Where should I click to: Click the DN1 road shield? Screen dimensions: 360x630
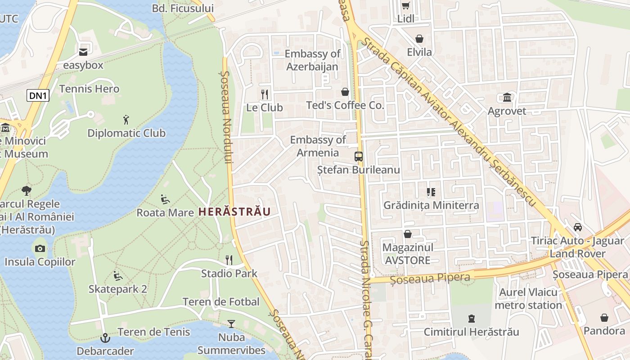click(38, 95)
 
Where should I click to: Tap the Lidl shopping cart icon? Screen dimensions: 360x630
click(405, 6)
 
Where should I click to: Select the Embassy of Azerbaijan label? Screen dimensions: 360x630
click(312, 60)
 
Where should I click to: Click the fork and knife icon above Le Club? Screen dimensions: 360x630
click(265, 94)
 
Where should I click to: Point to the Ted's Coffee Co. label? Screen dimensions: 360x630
click(345, 105)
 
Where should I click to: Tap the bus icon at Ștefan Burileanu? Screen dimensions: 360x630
click(358, 157)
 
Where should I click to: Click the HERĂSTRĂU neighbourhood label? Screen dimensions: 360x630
click(234, 211)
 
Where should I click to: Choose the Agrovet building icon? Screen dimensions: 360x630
click(507, 98)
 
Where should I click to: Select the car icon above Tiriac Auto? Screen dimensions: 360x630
click(578, 227)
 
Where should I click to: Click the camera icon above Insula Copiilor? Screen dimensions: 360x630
click(40, 248)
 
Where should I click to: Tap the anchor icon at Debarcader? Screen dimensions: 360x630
click(105, 337)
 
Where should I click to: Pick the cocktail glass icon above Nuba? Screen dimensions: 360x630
click(231, 324)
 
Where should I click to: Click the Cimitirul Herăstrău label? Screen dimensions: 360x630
click(471, 332)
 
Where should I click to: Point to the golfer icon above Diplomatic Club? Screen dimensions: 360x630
click(126, 120)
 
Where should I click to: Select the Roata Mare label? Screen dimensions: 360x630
click(165, 212)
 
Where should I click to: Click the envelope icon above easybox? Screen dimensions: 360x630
click(83, 52)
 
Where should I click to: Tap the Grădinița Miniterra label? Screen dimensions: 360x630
click(431, 205)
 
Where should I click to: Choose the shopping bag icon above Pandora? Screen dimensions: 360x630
click(604, 318)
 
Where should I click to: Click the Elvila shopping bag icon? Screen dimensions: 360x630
click(419, 39)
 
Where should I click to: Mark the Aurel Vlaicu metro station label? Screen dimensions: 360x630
click(528, 299)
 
